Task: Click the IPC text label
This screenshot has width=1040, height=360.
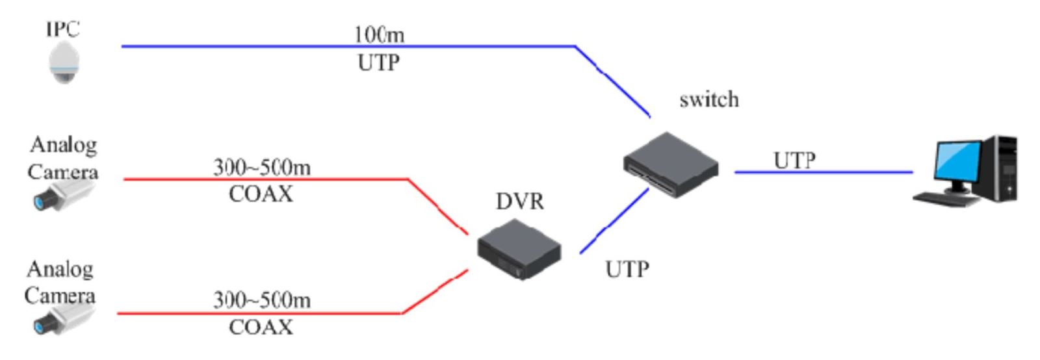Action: pos(62,29)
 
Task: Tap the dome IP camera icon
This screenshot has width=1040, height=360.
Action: pos(64,63)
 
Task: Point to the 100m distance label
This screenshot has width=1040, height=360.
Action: pos(379,34)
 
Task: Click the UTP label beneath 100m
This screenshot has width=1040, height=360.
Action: pos(378,63)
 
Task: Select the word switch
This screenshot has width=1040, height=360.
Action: pos(708,99)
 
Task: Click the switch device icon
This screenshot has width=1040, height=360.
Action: pos(671,164)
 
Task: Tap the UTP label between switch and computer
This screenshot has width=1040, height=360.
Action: pos(794,160)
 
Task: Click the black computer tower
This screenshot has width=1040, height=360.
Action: pos(1002,168)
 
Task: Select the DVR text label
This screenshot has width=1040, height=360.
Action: pos(519,201)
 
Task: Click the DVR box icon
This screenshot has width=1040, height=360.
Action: pos(519,249)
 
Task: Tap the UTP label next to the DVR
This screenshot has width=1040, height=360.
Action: pos(627,269)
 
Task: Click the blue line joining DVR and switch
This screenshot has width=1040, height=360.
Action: pos(614,220)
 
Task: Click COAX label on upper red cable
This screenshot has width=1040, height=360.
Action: pos(261,194)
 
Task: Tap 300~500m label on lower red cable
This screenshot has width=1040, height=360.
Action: pos(261,300)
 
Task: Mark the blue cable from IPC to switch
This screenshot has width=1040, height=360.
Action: pos(325,46)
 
